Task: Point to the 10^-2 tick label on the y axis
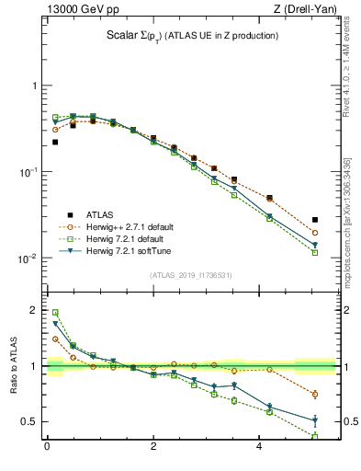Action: [x=25, y=258]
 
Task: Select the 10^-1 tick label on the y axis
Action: [x=25, y=172]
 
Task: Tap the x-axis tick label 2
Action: [x=153, y=448]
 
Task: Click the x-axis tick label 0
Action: [x=47, y=448]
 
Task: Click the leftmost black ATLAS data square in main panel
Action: [x=55, y=142]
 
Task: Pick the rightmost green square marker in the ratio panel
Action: [x=315, y=436]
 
